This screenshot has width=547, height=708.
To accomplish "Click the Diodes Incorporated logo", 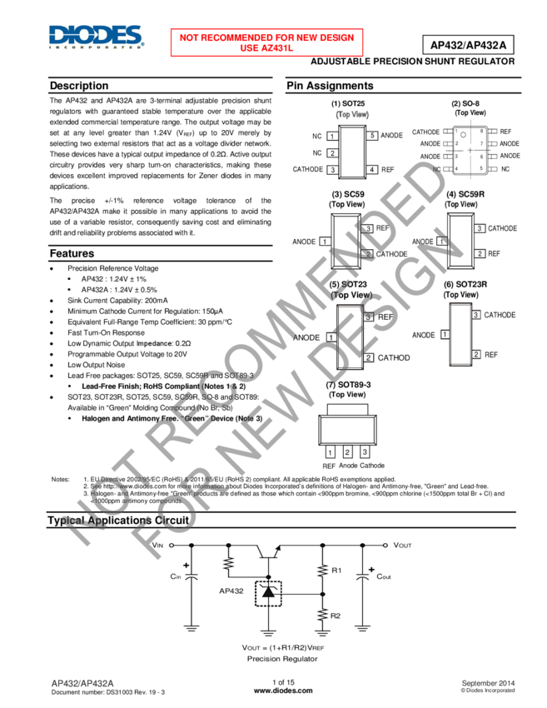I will click(x=95, y=37).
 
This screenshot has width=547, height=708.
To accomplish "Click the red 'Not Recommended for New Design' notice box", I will click(x=267, y=42).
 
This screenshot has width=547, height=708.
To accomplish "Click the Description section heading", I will click(x=79, y=86).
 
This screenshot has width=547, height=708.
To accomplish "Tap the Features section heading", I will click(x=72, y=253).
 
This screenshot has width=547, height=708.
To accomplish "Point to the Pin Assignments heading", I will click(x=330, y=86).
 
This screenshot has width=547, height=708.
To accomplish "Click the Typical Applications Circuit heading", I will click(x=119, y=521).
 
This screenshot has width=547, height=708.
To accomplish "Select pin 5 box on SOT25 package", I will click(x=373, y=136).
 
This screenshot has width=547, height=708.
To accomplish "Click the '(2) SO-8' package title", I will click(x=465, y=104).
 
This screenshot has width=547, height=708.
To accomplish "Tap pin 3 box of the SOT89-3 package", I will click(x=365, y=451).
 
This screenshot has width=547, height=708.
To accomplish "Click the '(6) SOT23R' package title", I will click(x=465, y=285).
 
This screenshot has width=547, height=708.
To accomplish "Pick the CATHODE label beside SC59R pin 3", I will click(x=502, y=228).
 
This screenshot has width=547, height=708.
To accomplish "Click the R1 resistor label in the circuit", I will click(x=336, y=571).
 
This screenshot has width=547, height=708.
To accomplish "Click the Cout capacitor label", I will click(x=384, y=576).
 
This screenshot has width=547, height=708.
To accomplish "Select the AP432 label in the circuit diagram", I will click(x=231, y=591).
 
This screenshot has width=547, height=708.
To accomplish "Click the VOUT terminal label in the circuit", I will click(x=403, y=545).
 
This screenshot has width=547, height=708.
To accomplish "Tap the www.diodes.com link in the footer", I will click(x=283, y=691).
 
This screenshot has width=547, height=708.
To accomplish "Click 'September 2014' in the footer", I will click(x=489, y=683).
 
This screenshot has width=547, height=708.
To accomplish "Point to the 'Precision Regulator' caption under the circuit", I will click(x=282, y=659).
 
